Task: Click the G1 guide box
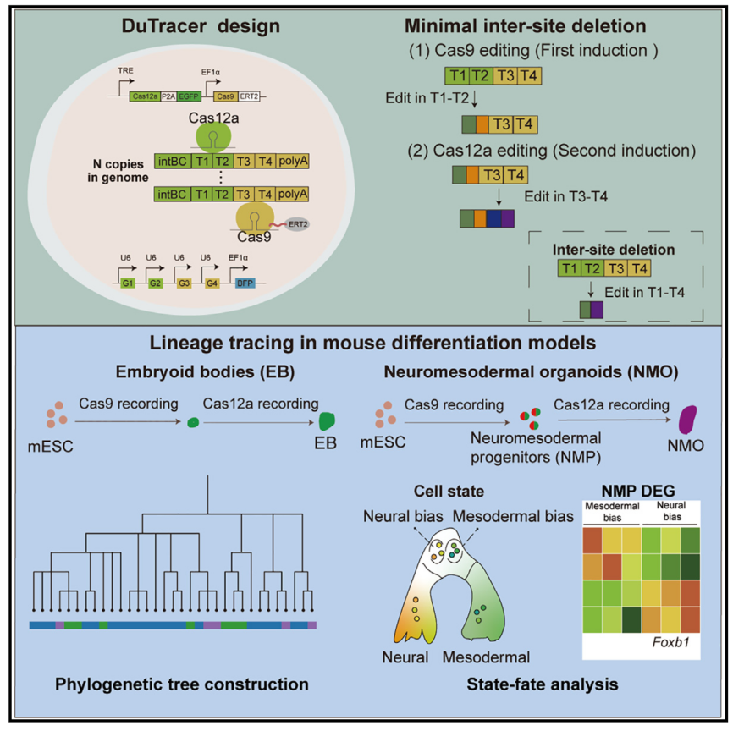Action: tap(129, 282)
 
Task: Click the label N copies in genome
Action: tap(115, 170)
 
